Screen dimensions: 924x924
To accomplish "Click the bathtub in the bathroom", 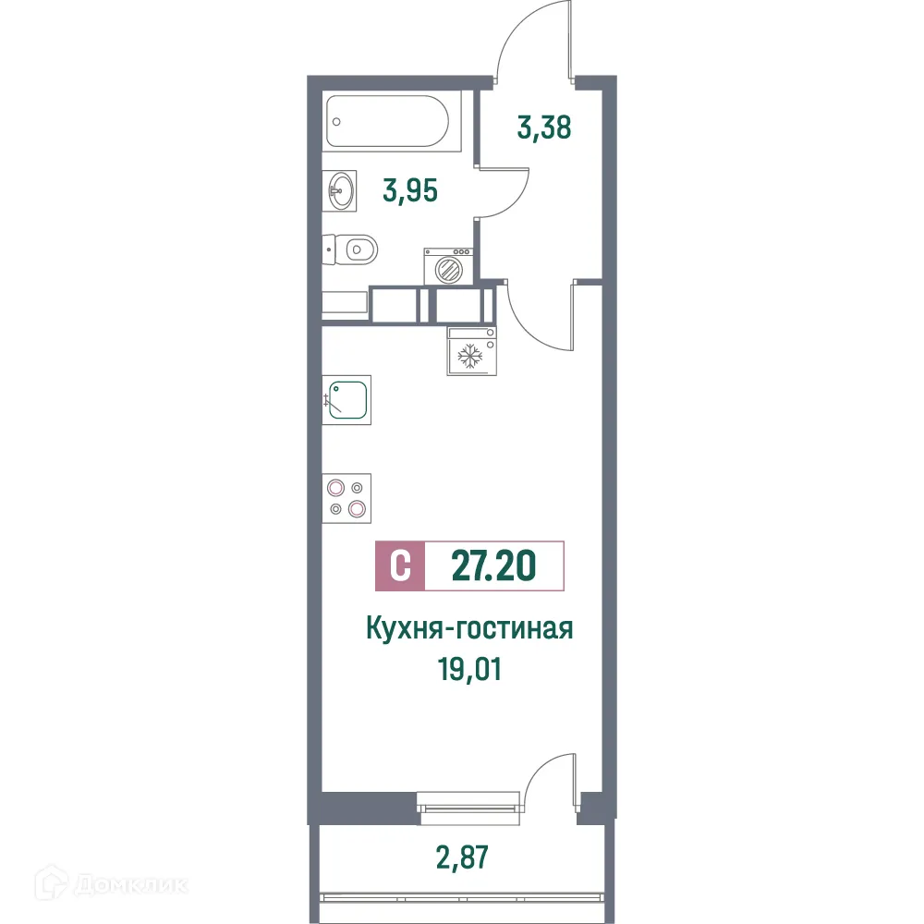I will coord(392,121).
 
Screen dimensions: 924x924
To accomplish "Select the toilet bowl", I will coord(355,249).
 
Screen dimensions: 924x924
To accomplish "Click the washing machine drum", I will coord(448,270).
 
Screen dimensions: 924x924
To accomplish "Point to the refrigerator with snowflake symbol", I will coord(471,352).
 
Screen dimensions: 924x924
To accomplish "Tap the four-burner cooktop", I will coord(346,498).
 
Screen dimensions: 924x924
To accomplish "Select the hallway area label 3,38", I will coord(544,127).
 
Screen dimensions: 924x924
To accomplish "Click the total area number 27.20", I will coord(493,565).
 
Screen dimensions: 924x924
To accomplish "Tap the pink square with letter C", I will coord(400,565).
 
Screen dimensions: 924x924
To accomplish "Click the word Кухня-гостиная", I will coord(470,629).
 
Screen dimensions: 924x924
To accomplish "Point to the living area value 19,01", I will coord(470,667).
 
